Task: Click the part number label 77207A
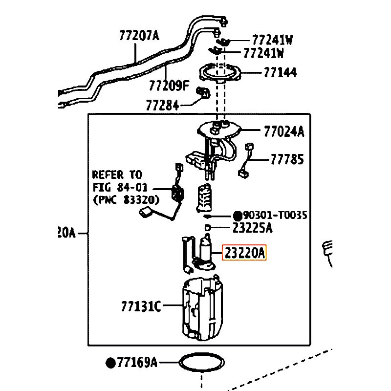coord(139,35)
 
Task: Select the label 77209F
coord(169,86)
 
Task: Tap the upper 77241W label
coord(272,40)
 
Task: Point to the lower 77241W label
coord(263,53)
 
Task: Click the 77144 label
coord(280,72)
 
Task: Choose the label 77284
coord(162,105)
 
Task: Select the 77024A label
coord(284,131)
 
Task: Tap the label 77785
coord(287,159)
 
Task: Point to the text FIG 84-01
coord(120,187)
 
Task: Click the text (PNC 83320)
coord(126,199)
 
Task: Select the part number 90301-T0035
coord(275,215)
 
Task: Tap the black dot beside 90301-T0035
coord(238,216)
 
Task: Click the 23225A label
coord(252,228)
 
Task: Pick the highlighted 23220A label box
coord(244,252)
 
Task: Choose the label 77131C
coord(141,306)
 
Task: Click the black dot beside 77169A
coord(111,363)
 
